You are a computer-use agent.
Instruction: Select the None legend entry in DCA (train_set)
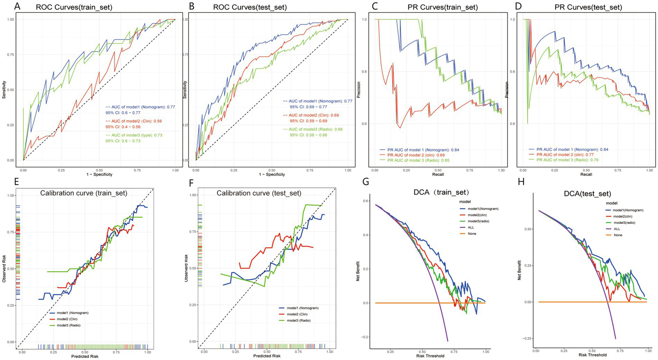click(472, 234)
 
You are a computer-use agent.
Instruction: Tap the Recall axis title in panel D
click(586, 174)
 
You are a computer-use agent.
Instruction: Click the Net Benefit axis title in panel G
click(358, 269)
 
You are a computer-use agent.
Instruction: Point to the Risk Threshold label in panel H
click(593, 355)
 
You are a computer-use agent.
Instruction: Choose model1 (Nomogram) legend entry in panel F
click(303, 308)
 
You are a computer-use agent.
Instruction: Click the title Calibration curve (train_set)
click(84, 193)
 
